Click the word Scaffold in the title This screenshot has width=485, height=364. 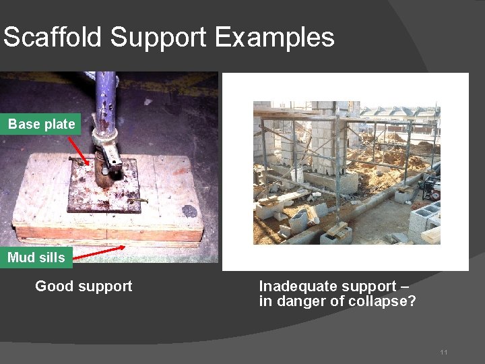pos(53,37)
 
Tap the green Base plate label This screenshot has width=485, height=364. pos(42,124)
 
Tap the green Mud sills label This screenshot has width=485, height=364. pos(36,257)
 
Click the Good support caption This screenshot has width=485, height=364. pos(84,286)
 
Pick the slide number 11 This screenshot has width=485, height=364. pos(443,353)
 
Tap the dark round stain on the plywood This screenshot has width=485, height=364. pos(190,210)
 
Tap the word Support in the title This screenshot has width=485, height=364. pos(161,37)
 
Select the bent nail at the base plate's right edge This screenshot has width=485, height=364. pos(141,200)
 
